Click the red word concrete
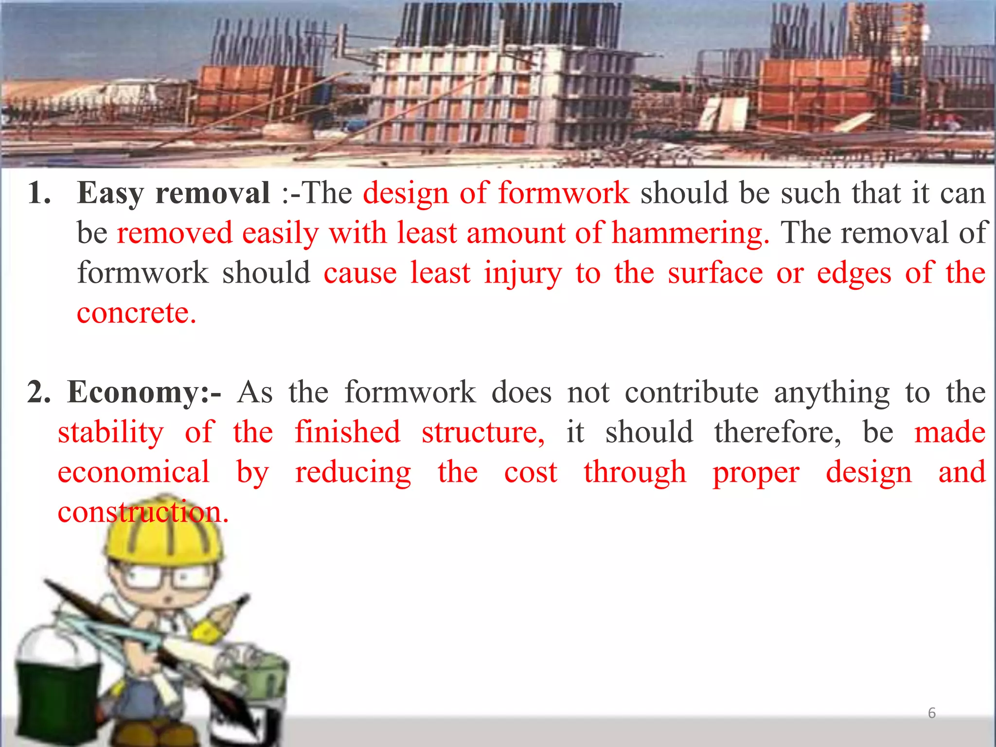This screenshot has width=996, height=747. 136,313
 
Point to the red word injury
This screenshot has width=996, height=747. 523,273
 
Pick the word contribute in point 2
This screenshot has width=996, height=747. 691,392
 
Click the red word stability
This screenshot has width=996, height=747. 111,433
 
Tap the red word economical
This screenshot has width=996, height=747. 134,472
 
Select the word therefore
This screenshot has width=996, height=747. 777,432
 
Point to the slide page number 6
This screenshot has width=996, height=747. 931,713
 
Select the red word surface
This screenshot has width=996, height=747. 715,273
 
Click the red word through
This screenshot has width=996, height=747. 635,472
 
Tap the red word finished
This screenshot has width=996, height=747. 347,432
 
